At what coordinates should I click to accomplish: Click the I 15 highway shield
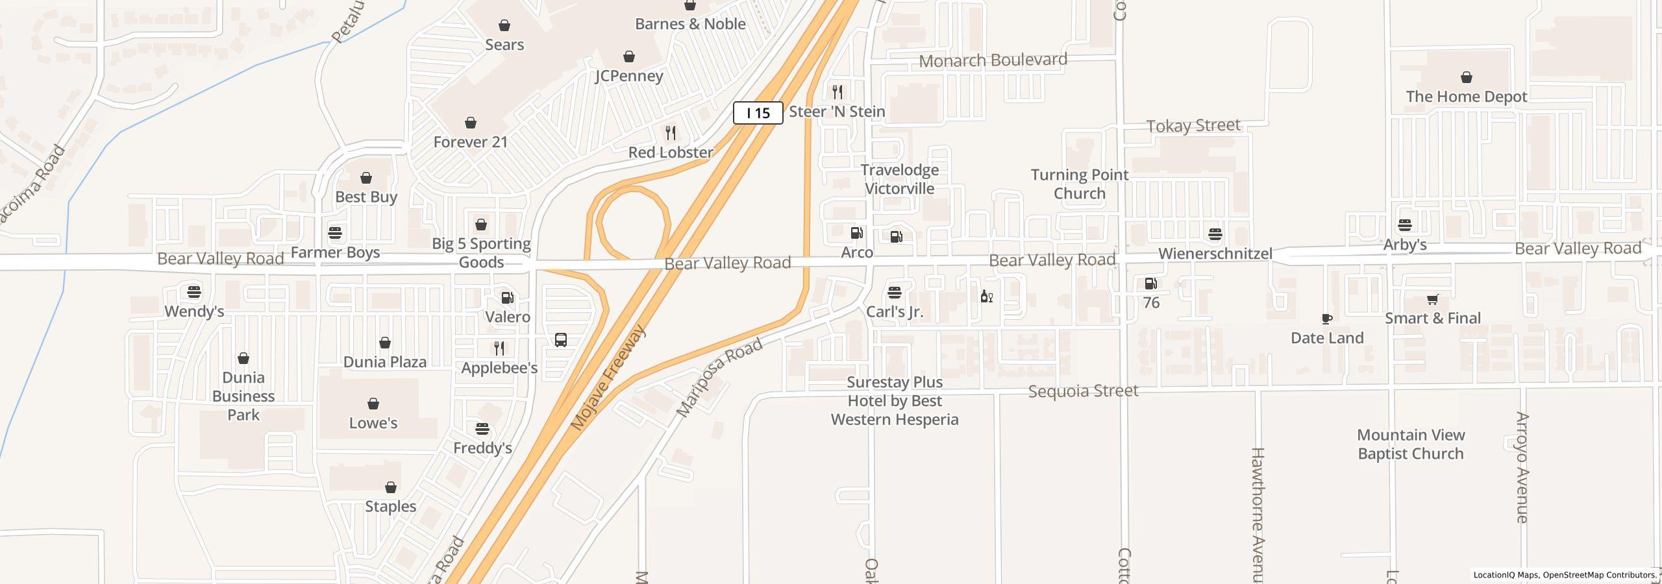[758, 113]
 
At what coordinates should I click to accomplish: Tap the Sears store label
[504, 45]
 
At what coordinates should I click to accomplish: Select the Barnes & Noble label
[690, 24]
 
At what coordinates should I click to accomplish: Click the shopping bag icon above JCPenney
[628, 56]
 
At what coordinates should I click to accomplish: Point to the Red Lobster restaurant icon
[671, 133]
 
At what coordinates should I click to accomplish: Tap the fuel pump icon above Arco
[856, 233]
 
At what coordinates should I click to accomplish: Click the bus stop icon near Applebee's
[561, 340]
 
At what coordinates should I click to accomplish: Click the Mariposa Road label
[719, 378]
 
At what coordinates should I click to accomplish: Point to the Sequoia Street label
[1083, 391]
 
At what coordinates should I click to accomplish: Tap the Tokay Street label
[1193, 126]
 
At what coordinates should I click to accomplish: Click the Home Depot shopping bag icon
[1466, 78]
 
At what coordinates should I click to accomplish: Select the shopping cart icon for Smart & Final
[1432, 299]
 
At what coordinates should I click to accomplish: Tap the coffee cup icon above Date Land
[1327, 319]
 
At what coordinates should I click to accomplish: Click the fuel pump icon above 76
[1150, 284]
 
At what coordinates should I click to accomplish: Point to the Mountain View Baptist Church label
[1410, 444]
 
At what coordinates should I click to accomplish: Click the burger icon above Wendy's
[193, 292]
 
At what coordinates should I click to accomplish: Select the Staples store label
[390, 506]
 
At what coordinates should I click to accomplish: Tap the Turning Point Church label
[1080, 184]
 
